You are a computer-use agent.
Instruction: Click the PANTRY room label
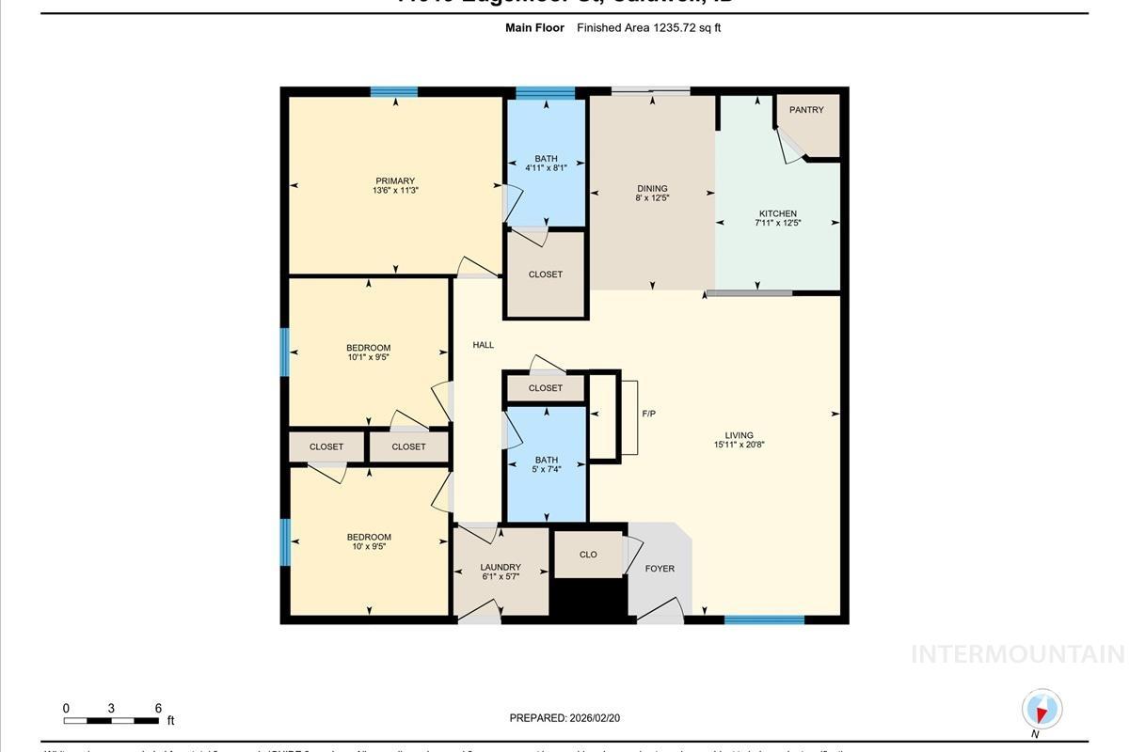point(806,110)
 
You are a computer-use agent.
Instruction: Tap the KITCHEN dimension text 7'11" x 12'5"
point(777,224)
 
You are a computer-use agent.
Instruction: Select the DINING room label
point(651,188)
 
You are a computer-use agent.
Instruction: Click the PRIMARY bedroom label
point(395,180)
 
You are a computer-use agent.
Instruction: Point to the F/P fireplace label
point(648,414)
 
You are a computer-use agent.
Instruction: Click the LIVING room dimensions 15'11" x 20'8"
point(739,445)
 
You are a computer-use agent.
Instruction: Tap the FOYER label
point(660,569)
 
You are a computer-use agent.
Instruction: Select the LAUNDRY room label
point(501,567)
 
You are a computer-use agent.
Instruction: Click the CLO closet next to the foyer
point(588,555)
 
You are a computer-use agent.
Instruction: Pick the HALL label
point(483,345)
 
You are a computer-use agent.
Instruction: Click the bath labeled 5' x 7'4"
point(547,464)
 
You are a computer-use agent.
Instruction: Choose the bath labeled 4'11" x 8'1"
point(546,164)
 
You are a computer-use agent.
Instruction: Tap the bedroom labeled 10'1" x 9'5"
point(368,352)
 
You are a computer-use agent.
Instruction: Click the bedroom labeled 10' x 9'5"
point(368,541)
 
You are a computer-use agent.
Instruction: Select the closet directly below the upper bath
point(546,274)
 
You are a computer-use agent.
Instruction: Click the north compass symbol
point(1042,710)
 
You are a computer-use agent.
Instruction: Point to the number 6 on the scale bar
point(158,709)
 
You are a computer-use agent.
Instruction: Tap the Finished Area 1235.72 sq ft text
point(649,28)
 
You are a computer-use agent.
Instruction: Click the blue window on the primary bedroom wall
point(393,92)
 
